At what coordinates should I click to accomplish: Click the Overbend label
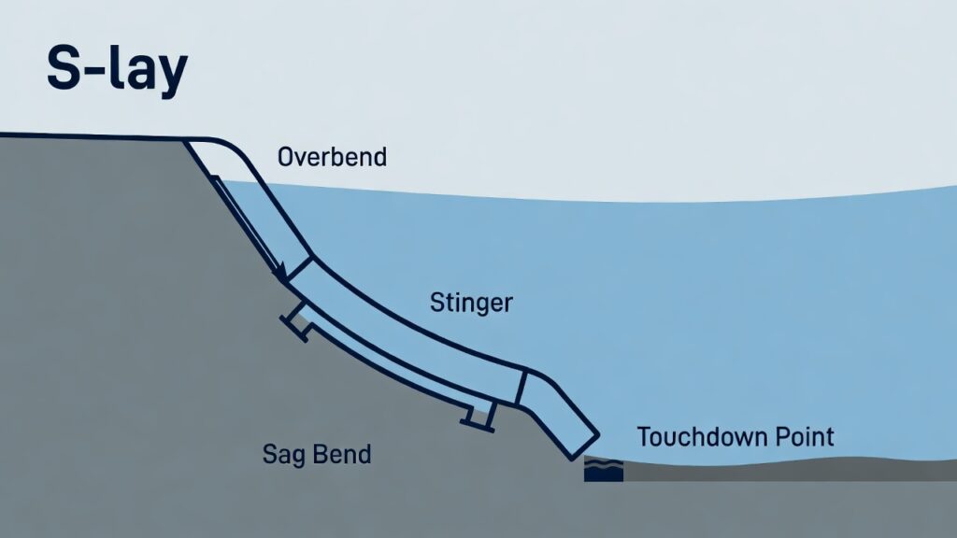click(x=332, y=157)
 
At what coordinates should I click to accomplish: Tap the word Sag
click(x=281, y=456)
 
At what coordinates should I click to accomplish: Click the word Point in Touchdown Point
click(x=803, y=436)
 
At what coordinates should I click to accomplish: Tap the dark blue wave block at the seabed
click(x=603, y=470)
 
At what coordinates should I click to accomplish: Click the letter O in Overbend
click(x=286, y=157)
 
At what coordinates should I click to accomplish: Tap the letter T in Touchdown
click(x=643, y=436)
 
